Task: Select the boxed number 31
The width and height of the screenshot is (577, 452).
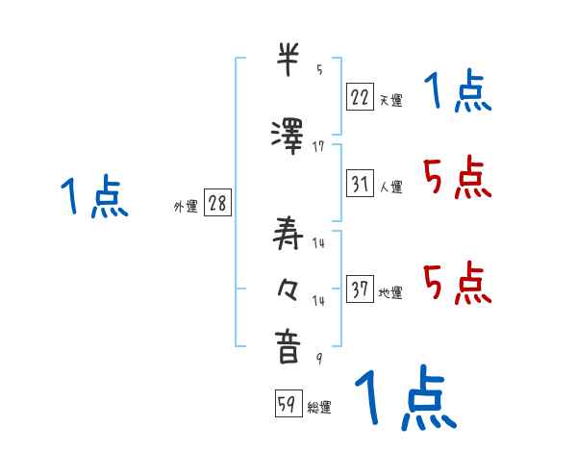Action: pyautogui.click(x=360, y=183)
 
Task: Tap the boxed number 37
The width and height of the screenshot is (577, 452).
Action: pyautogui.click(x=360, y=289)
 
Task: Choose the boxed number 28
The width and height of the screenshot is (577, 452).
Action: pyautogui.click(x=217, y=204)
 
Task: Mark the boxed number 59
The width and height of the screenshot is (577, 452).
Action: pyautogui.click(x=287, y=404)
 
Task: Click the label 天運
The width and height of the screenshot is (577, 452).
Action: pyautogui.click(x=390, y=100)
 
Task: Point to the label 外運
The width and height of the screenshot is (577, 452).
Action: pyautogui.click(x=185, y=207)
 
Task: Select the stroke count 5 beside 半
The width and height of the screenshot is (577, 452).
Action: pyautogui.click(x=319, y=70)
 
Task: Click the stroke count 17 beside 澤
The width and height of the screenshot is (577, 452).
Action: pyautogui.click(x=318, y=146)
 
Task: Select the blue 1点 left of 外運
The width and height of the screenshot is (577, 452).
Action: pyautogui.click(x=93, y=198)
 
